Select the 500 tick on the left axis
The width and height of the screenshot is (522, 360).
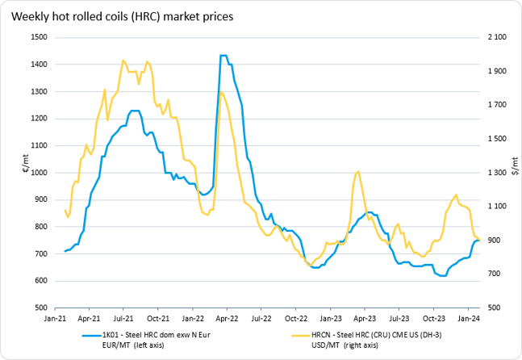38,308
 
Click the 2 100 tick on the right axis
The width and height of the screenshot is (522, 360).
495,37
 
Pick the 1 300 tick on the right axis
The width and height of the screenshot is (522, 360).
495,173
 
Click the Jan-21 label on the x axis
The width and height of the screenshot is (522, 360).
54,319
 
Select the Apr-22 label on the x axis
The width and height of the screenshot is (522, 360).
227,319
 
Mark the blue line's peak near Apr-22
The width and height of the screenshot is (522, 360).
223,56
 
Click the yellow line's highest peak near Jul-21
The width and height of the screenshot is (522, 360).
123,61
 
